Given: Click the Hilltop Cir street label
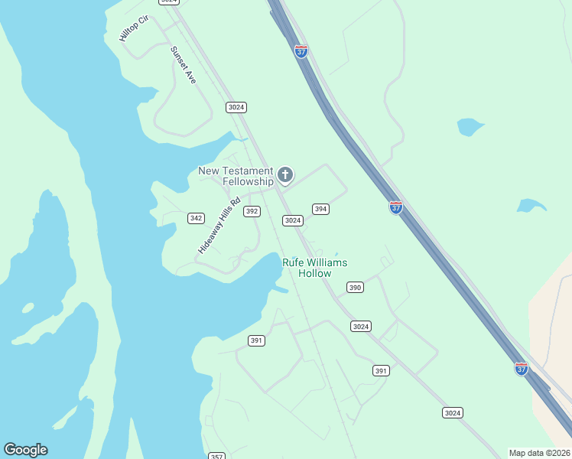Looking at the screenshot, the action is pos(133,28).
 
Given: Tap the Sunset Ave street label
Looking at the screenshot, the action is pos(184,65).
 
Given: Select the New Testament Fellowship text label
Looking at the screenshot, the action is pos(236,176).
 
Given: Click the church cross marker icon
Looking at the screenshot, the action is pos(285,176).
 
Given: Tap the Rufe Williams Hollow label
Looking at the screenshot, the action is pos(314,268).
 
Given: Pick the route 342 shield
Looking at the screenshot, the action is pos(196,218).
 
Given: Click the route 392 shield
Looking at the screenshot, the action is pos(252,211).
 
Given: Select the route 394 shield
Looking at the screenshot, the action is pos(320,209).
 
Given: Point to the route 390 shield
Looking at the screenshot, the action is pos(354,288).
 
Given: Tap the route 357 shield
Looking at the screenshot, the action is pos(217,456).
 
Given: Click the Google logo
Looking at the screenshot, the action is pos(25,450).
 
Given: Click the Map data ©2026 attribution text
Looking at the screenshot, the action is pos(538,453).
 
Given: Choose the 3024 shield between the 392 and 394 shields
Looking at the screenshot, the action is pos(292,220).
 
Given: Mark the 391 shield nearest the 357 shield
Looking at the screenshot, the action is pos(256,340).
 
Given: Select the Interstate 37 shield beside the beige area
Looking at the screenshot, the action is pos(521,369).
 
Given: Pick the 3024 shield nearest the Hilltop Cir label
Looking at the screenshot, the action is pos(169,2).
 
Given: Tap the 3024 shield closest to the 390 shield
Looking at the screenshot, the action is pos(361,327).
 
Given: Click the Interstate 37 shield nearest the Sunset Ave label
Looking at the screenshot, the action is pos(301,51).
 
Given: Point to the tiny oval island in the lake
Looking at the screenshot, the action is pos(28,308).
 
